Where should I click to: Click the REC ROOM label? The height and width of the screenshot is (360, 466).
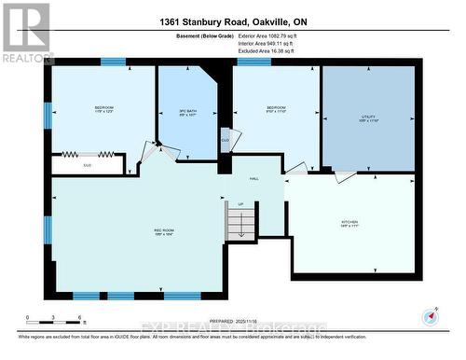coord(164,230)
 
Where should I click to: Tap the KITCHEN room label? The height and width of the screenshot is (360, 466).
coord(349,223)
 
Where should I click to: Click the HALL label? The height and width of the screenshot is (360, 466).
coord(253,179)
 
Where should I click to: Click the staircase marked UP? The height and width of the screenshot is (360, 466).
coord(241,222)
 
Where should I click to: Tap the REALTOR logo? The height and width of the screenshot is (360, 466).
coord(25,32)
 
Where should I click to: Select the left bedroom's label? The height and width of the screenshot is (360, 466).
coord(103,110)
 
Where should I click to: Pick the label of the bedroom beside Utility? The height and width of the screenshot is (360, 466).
coord(276,110)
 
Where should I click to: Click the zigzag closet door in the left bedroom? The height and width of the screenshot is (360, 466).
coord(88,154)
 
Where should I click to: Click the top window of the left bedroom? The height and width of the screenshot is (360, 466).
coord(113,62)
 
